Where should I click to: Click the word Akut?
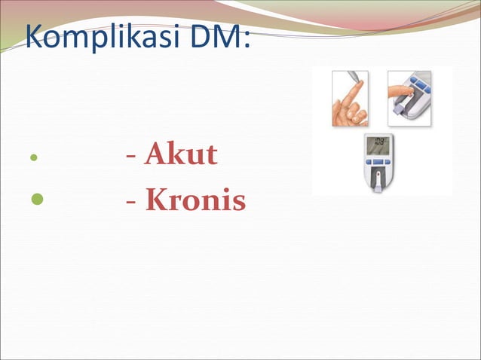pyautogui.click(x=181, y=154)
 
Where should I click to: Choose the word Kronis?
pyautogui.click(x=195, y=200)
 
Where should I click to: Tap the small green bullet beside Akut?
pyautogui.click(x=33, y=159)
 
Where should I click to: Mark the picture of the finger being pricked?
pyautogui.click(x=349, y=98)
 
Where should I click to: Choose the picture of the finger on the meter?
pyautogui.click(x=409, y=98)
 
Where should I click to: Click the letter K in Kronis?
pyautogui.click(x=155, y=200)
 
